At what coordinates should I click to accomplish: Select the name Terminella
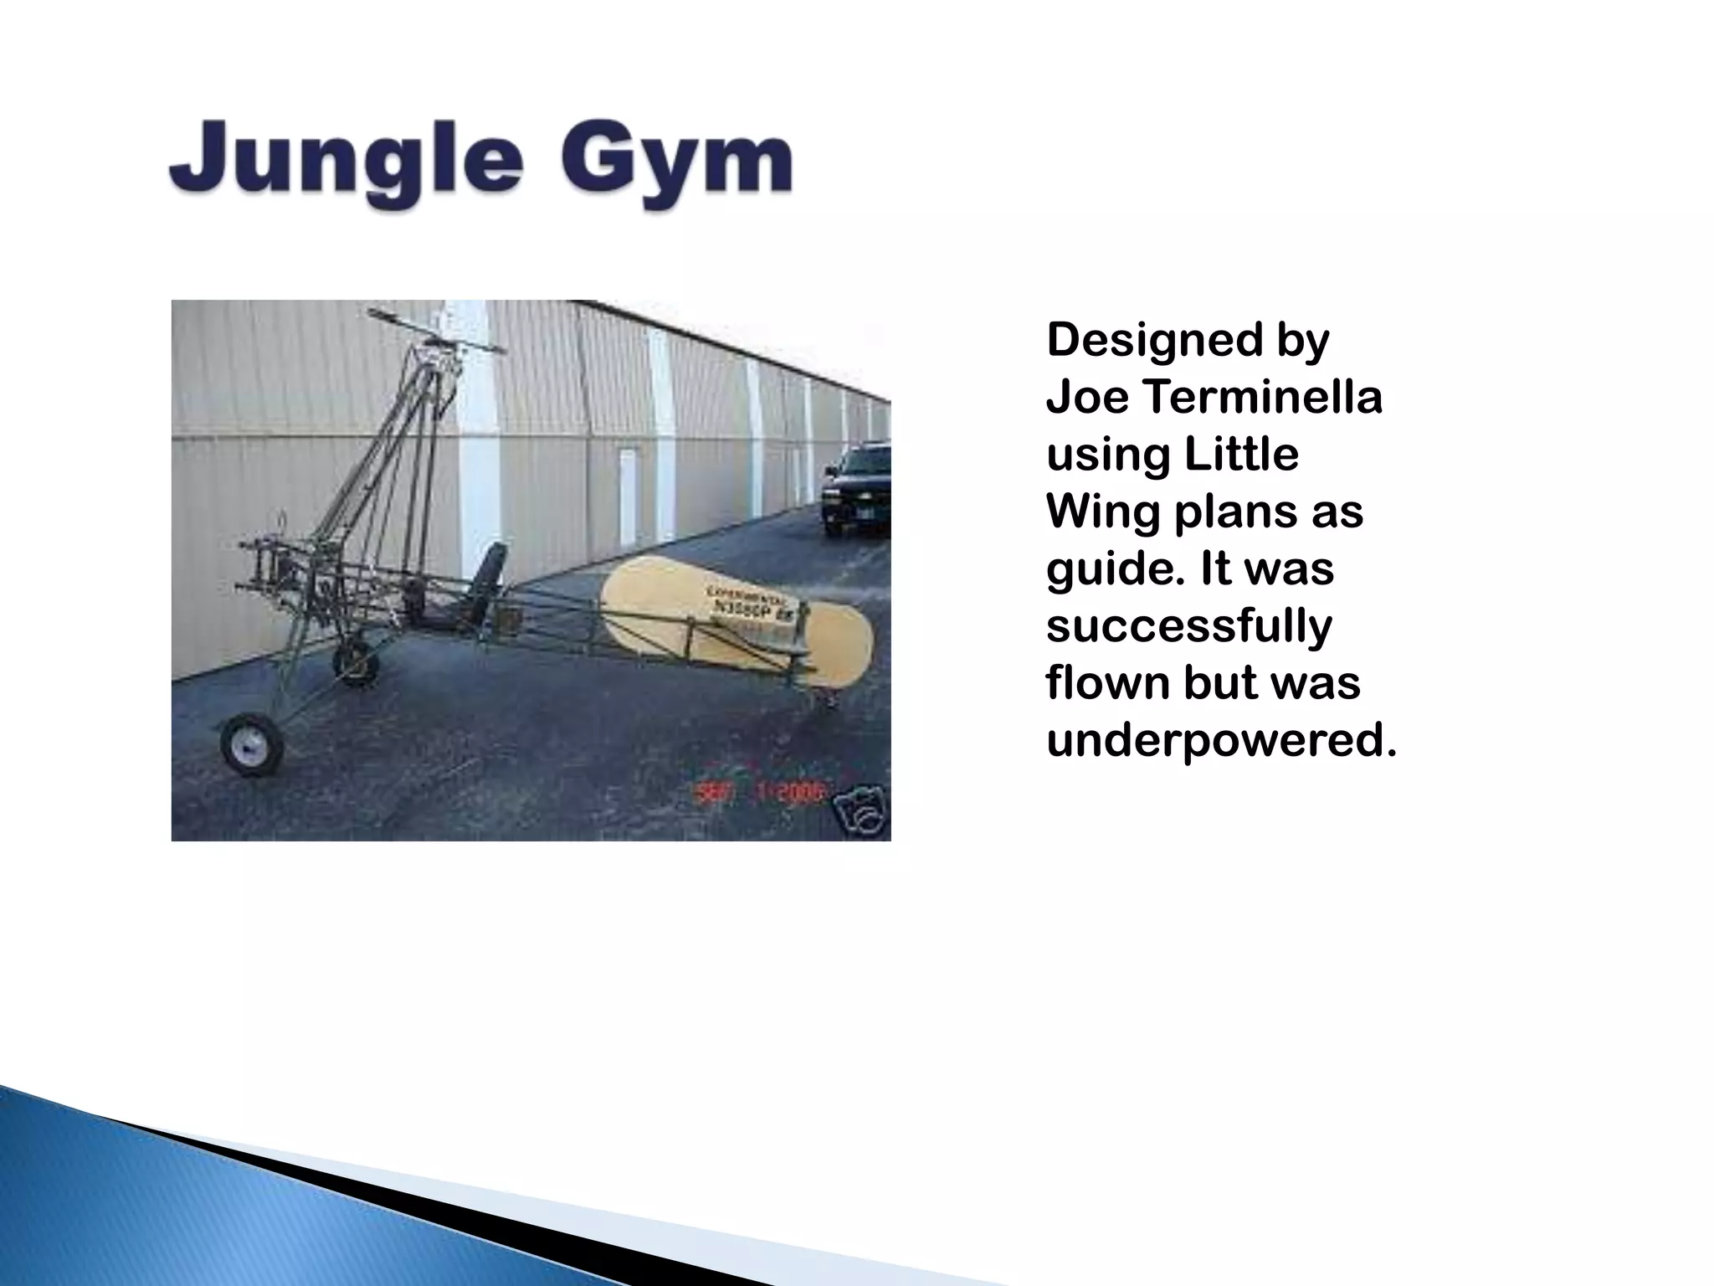pos(1263,397)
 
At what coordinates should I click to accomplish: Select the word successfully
pos(1188,626)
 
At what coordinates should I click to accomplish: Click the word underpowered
pos(1221,740)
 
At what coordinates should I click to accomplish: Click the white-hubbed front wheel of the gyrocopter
pos(250,743)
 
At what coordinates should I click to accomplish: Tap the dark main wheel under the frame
pos(358,661)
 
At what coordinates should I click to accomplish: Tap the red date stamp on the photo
pos(760,791)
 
